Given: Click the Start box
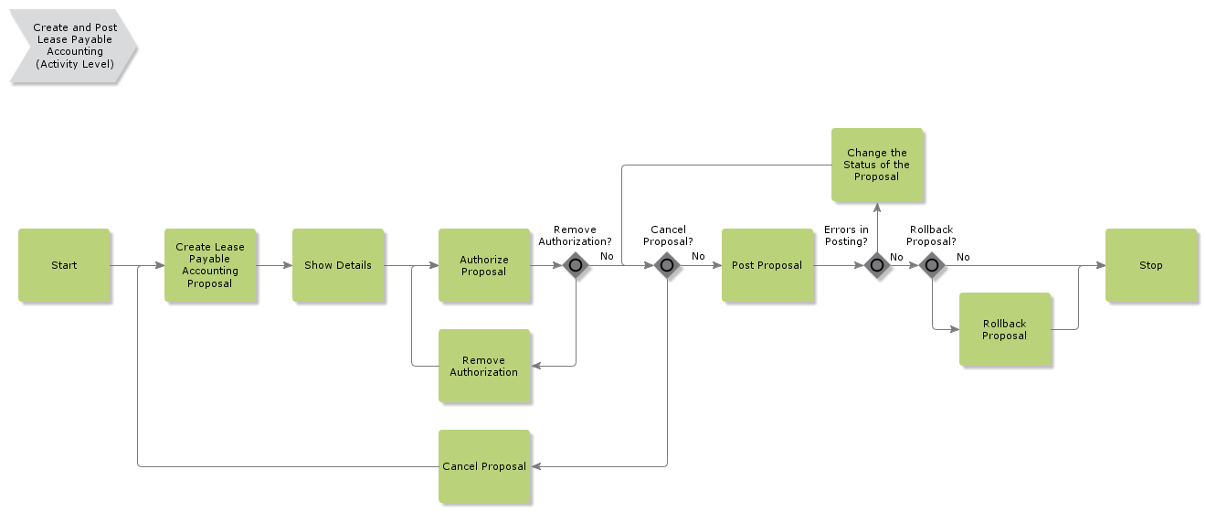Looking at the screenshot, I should click(x=64, y=265).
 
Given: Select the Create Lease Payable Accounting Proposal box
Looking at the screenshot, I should click(x=210, y=265).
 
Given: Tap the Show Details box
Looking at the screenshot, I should click(x=338, y=265).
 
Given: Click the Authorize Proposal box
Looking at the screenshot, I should click(x=484, y=265).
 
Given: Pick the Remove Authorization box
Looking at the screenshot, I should click(x=484, y=366).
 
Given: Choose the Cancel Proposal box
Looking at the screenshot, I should click(x=484, y=466).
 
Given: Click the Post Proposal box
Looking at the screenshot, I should click(x=767, y=265).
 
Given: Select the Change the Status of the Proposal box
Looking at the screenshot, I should click(x=877, y=165).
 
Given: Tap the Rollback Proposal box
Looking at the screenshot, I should click(x=1005, y=329).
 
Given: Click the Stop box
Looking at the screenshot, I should click(x=1151, y=265).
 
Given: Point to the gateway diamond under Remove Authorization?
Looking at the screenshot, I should click(x=576, y=266).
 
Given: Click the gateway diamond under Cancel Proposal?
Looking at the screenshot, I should click(x=667, y=266).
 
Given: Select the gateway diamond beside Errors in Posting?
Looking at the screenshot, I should click(x=877, y=266).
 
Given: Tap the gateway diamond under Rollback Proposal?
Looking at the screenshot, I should click(x=932, y=266).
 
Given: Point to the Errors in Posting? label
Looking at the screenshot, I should click(x=846, y=236).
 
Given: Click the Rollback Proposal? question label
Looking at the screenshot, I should click(x=932, y=236).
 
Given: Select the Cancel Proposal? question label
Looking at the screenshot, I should click(x=668, y=236).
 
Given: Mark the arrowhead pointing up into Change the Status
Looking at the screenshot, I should click(x=877, y=207).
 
